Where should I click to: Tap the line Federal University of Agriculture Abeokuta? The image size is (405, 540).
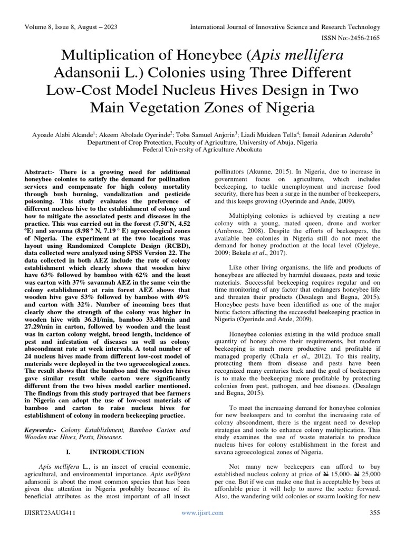click(202, 150)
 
